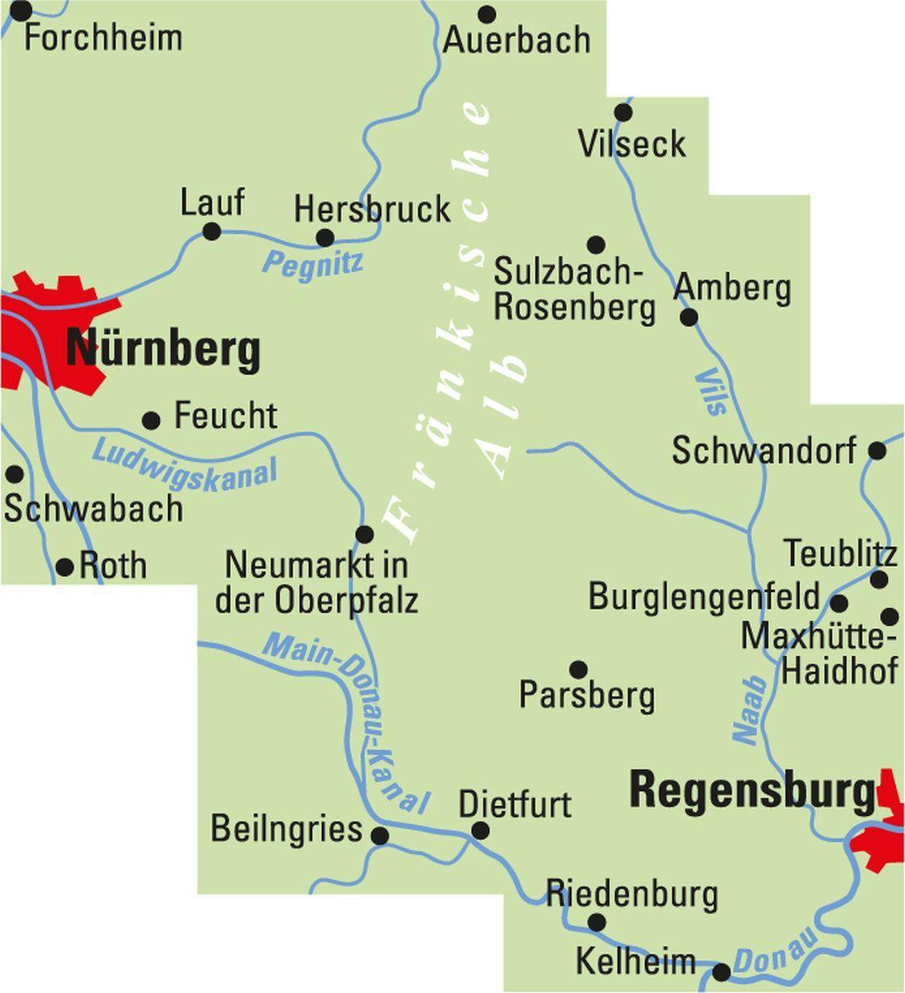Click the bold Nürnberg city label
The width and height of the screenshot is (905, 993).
click(x=163, y=350)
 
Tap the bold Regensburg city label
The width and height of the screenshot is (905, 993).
click(x=752, y=790)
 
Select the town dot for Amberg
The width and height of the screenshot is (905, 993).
click(x=689, y=317)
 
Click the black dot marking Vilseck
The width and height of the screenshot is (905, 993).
click(x=623, y=113)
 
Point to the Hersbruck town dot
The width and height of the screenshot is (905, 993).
click(x=325, y=238)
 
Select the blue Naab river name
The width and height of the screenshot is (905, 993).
click(x=749, y=711)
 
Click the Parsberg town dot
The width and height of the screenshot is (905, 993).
click(x=579, y=669)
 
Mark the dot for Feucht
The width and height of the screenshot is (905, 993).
click(x=151, y=420)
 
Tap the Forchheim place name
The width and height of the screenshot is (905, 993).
click(x=103, y=38)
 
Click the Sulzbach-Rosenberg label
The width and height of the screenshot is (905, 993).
click(x=575, y=289)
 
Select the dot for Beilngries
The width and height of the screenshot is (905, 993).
click(x=380, y=836)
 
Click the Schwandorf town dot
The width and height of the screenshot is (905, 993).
click(x=878, y=451)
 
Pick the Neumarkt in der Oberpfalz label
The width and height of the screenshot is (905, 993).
click(x=317, y=583)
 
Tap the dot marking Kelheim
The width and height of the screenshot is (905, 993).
click(x=722, y=971)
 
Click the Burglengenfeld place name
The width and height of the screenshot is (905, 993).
click(x=704, y=597)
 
